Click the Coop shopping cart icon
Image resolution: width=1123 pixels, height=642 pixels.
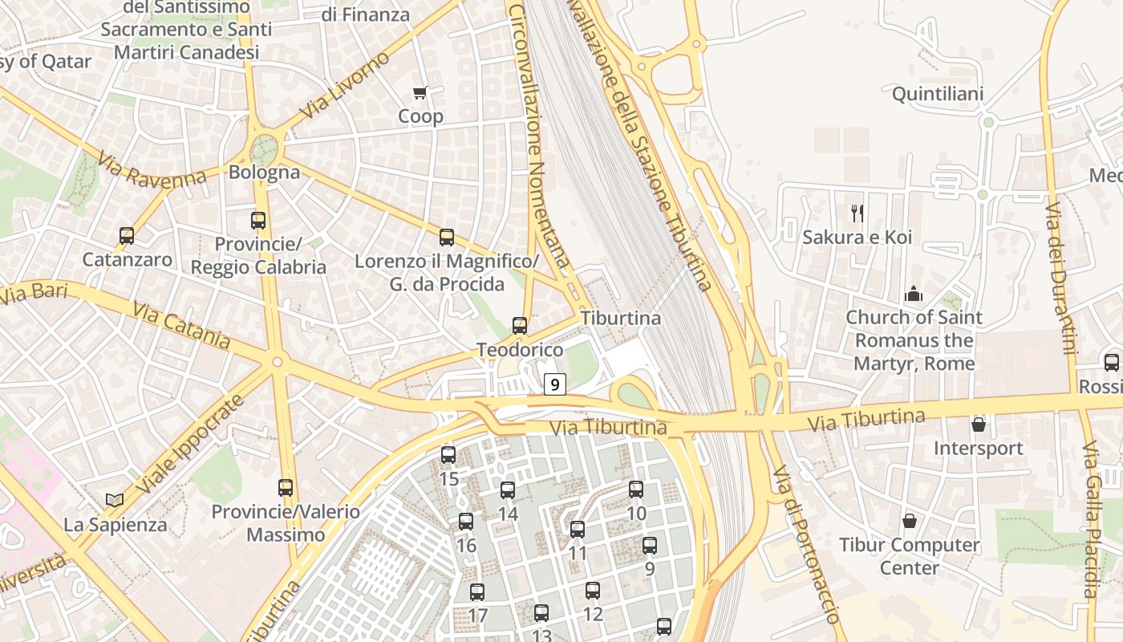420,93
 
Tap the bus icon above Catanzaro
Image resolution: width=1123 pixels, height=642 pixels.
127,236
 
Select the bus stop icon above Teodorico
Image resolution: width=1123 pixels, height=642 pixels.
520,326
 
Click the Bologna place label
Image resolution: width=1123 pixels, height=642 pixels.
264,172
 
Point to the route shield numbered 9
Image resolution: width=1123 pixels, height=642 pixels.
554,384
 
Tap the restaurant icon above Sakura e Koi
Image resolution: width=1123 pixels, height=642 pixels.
857,213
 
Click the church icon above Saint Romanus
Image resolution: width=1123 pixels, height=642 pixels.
914,295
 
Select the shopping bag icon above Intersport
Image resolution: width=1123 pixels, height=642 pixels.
979,425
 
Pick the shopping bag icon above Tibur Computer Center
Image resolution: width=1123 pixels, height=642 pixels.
909,522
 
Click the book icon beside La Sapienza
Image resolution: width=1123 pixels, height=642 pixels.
115,500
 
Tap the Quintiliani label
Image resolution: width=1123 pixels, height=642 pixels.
938,95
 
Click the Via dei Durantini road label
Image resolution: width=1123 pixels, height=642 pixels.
1060,278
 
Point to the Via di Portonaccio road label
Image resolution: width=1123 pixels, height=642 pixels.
806,544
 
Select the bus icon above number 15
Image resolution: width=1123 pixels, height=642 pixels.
448,455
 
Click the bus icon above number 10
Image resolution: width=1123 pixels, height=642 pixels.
636,489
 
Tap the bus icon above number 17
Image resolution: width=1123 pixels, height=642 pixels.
477,592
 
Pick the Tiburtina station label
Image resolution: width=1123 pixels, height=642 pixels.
621,318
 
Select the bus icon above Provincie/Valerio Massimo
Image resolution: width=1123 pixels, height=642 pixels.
286,487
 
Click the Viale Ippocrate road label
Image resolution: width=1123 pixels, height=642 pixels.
189,445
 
